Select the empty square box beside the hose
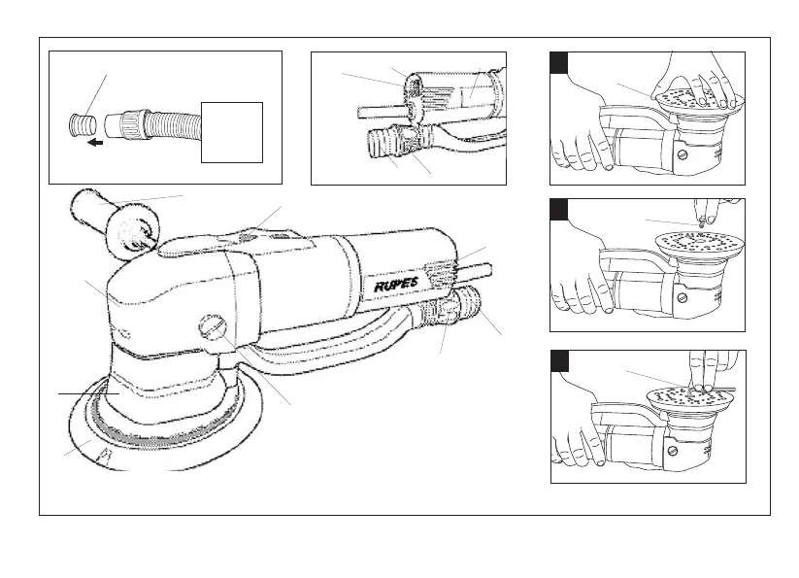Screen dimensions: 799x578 [x=231, y=131]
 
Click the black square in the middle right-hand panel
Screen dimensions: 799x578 [x=559, y=210]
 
